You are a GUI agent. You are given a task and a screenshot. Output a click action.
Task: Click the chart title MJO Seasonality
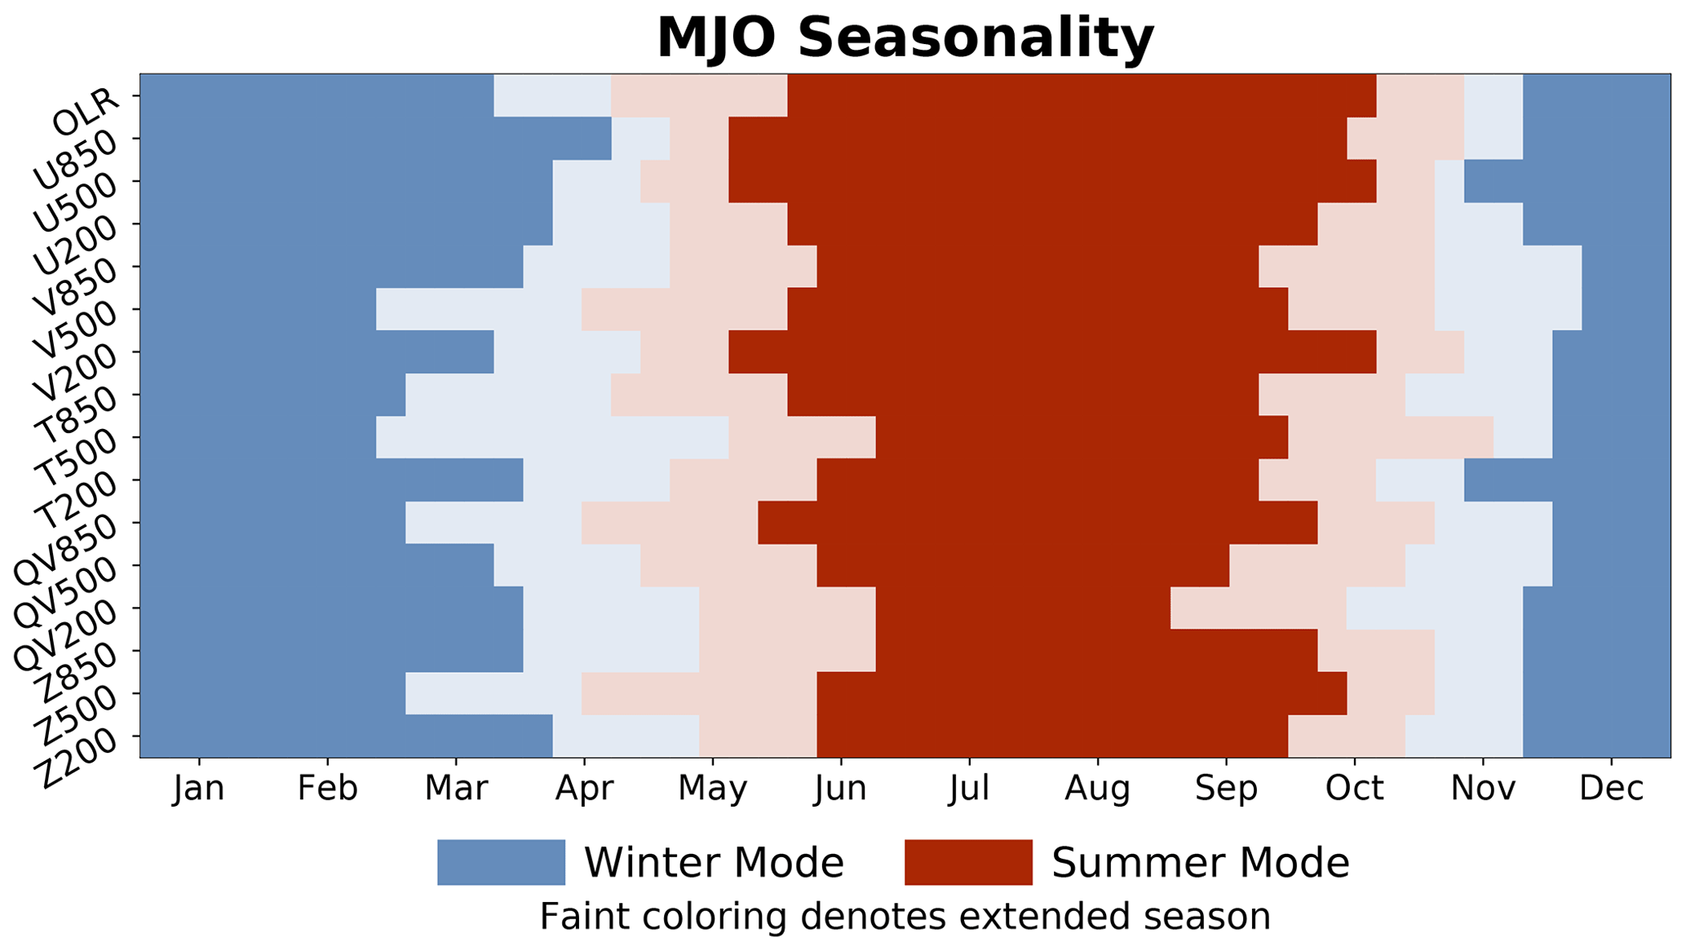[905, 38]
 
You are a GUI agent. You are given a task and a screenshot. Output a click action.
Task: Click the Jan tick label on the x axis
[199, 789]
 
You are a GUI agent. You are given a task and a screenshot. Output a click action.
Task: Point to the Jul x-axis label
[969, 789]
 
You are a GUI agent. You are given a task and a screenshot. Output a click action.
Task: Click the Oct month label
[1355, 789]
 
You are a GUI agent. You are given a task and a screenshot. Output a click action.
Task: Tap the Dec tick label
[1611, 789]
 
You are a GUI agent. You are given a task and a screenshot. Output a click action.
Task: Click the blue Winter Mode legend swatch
[501, 862]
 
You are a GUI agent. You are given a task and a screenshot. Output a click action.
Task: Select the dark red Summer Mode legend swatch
[968, 862]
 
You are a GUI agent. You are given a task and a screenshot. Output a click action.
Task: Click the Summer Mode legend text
[1201, 863]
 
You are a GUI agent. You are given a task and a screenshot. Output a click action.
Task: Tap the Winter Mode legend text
[714, 863]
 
